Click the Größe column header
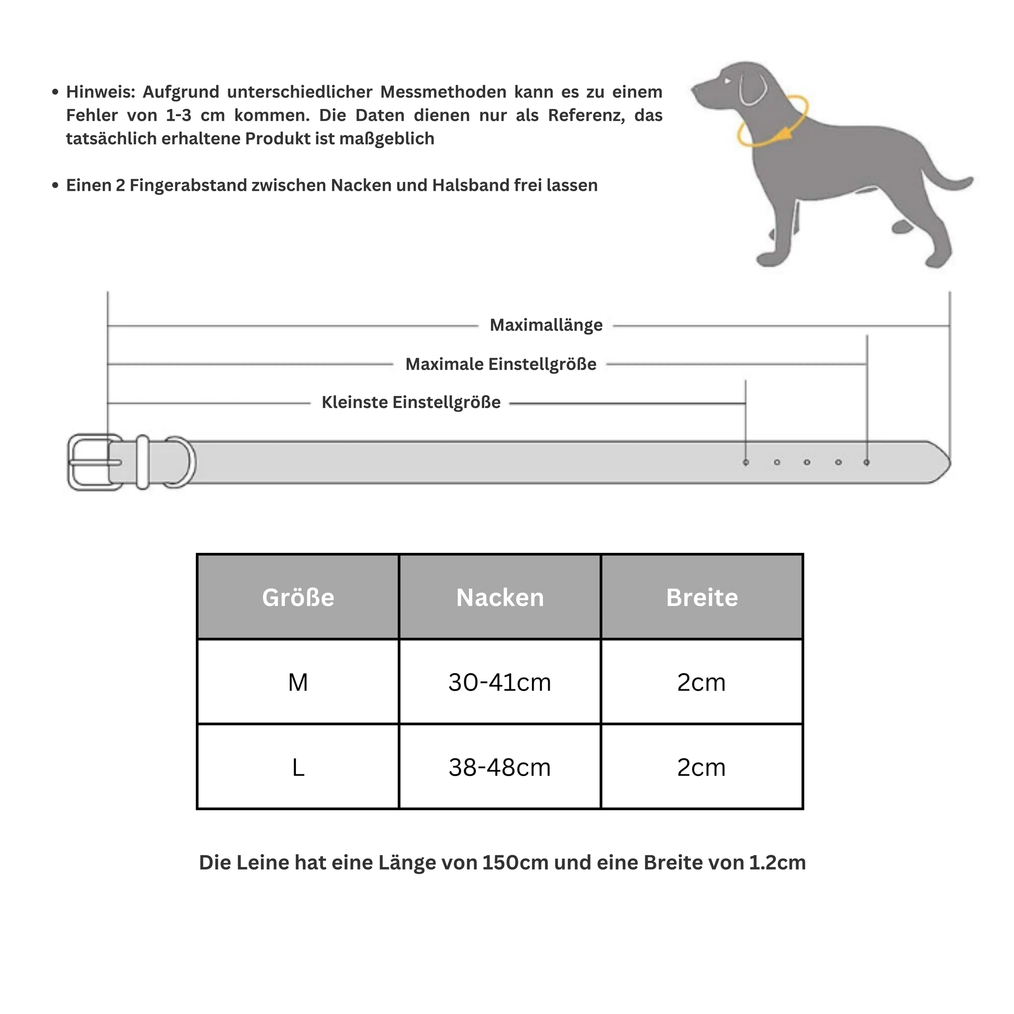(x=298, y=597)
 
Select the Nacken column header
(x=500, y=597)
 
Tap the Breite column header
(x=702, y=597)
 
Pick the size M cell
(x=298, y=682)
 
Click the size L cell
(x=298, y=768)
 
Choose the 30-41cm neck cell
(x=500, y=682)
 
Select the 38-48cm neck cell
(x=500, y=768)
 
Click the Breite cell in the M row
(x=702, y=682)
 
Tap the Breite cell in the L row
(x=702, y=768)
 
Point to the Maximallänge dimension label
(x=546, y=325)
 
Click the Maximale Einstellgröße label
(x=501, y=364)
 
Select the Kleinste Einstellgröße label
(x=411, y=403)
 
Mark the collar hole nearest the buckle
(x=746, y=462)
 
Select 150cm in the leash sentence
(x=515, y=862)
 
